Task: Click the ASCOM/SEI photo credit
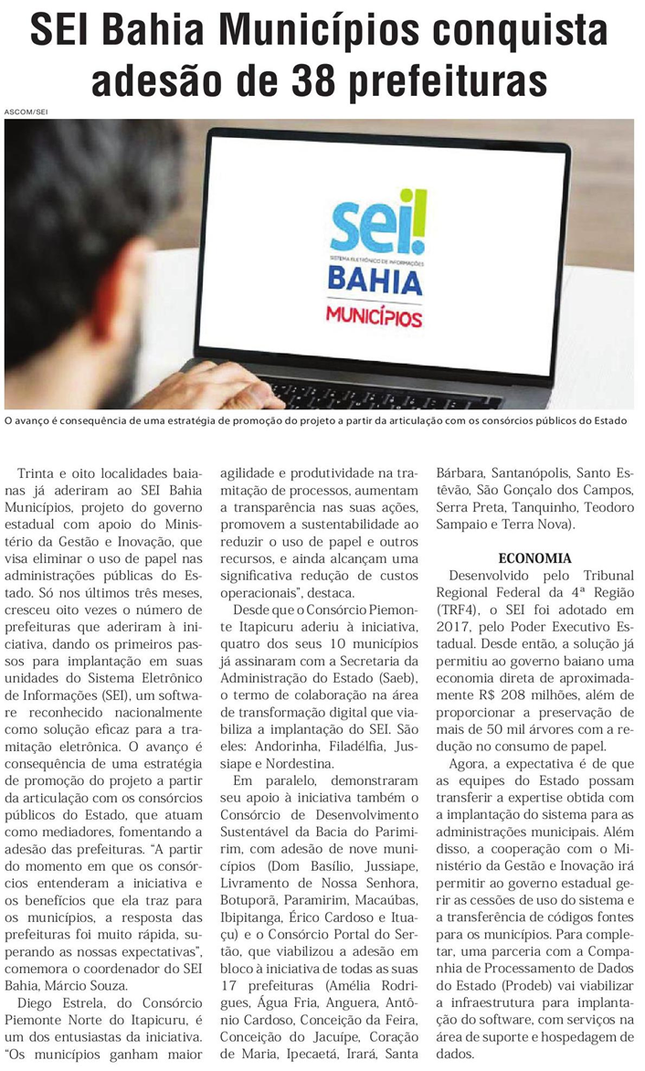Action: pyautogui.click(x=26, y=111)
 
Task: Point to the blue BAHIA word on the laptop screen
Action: pyautogui.click(x=375, y=281)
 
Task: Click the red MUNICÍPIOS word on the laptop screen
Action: pyautogui.click(x=375, y=317)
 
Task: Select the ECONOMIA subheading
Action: pyautogui.click(x=535, y=558)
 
